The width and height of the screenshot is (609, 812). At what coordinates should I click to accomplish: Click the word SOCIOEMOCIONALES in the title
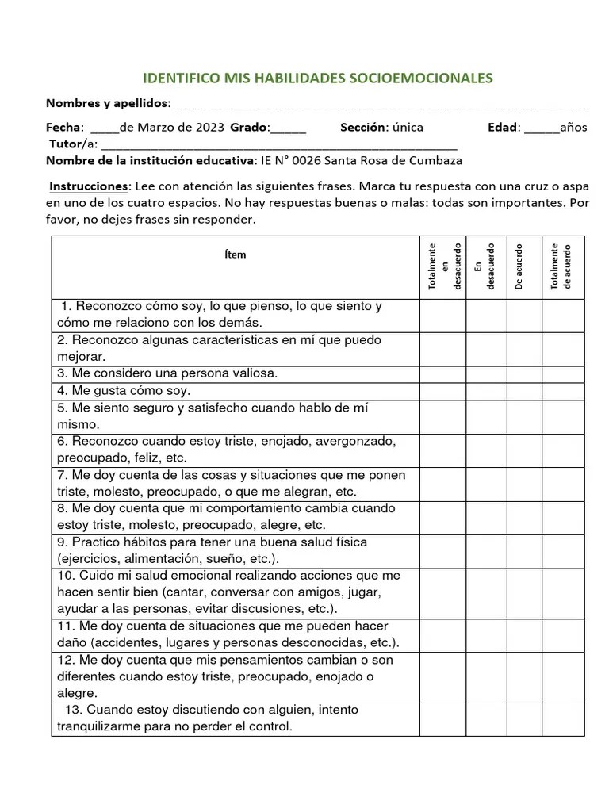424,78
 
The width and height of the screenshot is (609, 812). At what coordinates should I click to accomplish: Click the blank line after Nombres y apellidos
381,105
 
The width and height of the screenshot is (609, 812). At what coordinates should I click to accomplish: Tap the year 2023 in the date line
208,128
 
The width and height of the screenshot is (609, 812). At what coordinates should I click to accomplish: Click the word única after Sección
408,128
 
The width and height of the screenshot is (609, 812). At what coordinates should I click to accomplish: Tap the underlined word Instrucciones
89,186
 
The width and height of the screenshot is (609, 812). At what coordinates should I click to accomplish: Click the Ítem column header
236,255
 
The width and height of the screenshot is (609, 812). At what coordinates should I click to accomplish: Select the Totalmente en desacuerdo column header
442,266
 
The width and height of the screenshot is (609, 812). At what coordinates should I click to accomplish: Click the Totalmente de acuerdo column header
562,266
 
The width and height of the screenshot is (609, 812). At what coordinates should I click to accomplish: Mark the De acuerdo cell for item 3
523,373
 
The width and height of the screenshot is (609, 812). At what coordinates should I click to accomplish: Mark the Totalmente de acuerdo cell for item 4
563,391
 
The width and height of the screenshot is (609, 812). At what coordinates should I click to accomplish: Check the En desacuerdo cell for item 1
486,315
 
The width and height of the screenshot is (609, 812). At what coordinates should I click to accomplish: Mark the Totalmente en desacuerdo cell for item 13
442,718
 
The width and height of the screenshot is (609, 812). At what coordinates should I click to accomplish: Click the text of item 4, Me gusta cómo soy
124,391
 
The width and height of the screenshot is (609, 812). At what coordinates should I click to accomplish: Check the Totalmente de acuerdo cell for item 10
563,592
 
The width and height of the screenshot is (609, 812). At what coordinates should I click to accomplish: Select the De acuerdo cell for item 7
523,483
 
